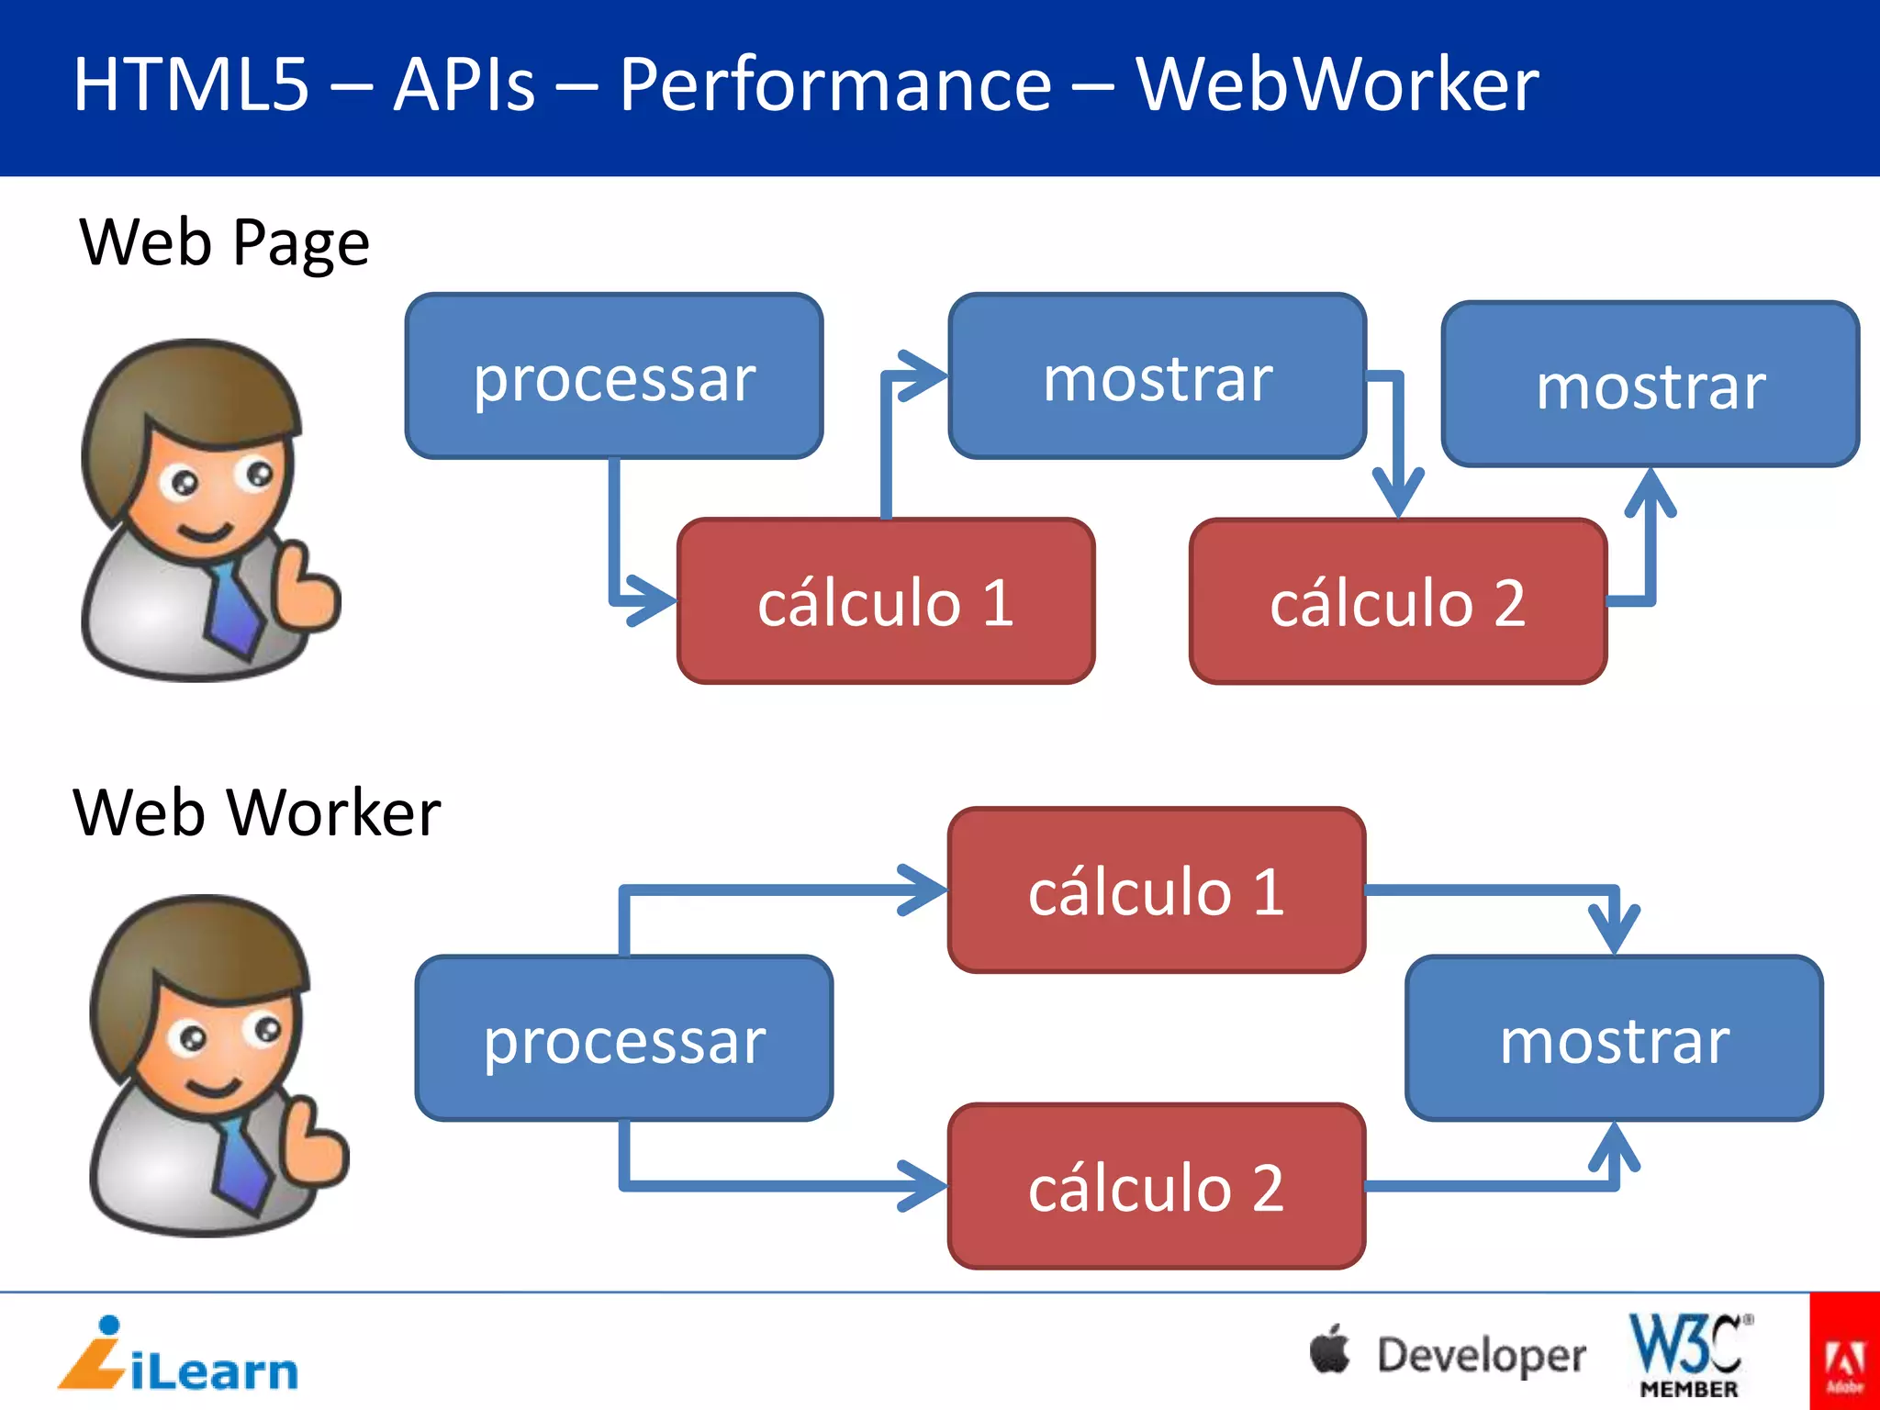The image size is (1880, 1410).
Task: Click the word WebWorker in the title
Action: click(x=1337, y=84)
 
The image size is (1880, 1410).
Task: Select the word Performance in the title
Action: click(x=834, y=84)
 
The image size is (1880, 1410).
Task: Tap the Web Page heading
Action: click(x=225, y=242)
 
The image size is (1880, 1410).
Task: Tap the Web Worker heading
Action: click(x=257, y=812)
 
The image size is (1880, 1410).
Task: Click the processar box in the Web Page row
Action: click(x=613, y=376)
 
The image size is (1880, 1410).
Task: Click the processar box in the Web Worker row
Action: click(x=624, y=1038)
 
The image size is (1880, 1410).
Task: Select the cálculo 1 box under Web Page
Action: click(x=885, y=601)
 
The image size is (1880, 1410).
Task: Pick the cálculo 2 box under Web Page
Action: click(x=1397, y=601)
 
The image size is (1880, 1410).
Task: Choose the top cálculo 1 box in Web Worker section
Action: click(x=1156, y=890)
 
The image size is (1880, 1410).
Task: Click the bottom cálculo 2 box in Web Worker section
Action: click(x=1156, y=1186)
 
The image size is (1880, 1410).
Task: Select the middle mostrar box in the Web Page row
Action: click(x=1157, y=376)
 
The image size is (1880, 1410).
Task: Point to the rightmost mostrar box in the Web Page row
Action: click(x=1650, y=384)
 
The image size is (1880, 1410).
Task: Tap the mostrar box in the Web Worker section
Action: click(x=1613, y=1038)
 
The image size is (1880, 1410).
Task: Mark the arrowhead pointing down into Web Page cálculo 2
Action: click(x=1398, y=496)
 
